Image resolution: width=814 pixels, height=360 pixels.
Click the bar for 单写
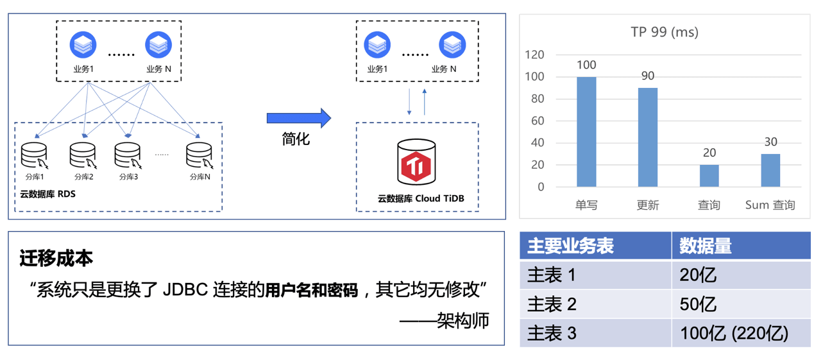tap(586, 132)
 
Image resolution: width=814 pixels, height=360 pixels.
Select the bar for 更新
tap(648, 137)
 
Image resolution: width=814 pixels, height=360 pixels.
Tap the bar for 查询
tap(709, 176)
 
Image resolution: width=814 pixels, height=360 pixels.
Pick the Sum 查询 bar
tap(770, 171)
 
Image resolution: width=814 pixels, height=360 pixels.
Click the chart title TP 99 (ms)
tap(665, 31)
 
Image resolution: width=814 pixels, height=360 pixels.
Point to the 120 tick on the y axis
tap(534, 55)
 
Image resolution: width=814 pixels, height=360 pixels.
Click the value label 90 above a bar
tap(648, 76)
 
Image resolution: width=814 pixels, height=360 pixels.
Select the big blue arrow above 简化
tap(298, 117)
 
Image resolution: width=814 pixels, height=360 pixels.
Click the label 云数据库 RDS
tap(47, 194)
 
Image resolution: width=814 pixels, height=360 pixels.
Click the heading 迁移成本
tap(56, 258)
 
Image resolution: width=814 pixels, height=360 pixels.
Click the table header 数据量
tap(706, 246)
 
